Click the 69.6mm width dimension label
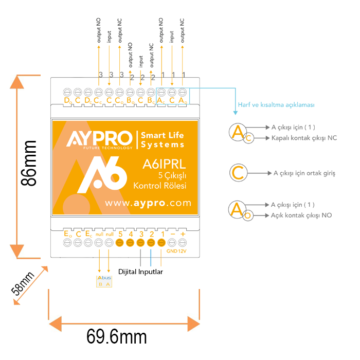coord(117,337)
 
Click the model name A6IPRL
coord(164,165)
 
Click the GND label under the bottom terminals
coord(171,251)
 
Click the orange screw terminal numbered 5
coord(120,243)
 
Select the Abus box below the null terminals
coord(103,281)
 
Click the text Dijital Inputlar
coord(140,271)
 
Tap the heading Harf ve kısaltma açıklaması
coord(276,104)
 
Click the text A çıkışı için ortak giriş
coord(304,173)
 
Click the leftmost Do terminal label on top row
coord(67,100)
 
